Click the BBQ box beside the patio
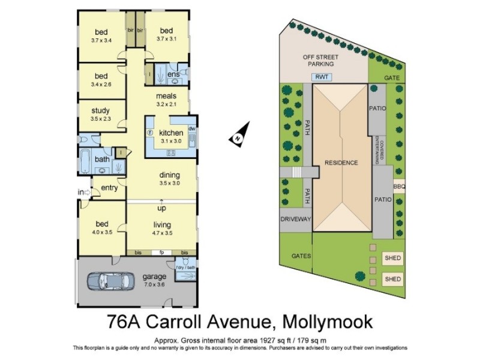click(400, 187)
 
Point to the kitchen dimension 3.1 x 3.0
click(170, 141)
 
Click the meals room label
click(166, 96)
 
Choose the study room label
click(100, 110)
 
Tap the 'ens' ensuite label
click(173, 74)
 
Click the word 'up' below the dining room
click(161, 208)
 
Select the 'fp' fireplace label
click(161, 253)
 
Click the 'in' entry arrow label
click(80, 192)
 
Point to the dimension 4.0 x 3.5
click(101, 232)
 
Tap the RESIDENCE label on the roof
click(341, 163)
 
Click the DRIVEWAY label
click(296, 219)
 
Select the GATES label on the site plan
click(301, 256)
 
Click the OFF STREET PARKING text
click(319, 60)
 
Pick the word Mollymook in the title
click(325, 322)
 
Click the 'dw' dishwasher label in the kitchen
click(191, 128)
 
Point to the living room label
click(162, 224)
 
